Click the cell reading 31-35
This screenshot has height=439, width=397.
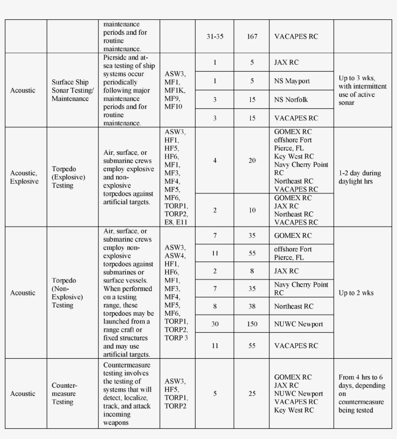214,37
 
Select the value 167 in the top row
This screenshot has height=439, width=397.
252,37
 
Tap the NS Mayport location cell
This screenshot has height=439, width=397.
292,81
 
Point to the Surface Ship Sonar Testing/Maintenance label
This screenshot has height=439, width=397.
73,90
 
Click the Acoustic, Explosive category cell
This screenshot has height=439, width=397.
24,177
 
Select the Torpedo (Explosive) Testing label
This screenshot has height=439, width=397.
68,177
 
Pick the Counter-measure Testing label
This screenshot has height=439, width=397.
64,394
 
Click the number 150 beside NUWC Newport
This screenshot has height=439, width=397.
252,324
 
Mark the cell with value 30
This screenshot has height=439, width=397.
214,324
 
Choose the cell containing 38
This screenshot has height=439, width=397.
252,306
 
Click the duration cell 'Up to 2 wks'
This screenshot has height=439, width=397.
356,293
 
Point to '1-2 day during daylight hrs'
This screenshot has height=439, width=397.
360,177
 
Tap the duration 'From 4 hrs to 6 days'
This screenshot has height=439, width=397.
362,394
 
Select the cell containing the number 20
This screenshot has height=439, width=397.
252,161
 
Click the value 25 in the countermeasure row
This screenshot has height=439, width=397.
252,394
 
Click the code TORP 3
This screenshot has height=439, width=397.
176,338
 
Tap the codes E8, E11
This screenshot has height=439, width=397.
176,222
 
